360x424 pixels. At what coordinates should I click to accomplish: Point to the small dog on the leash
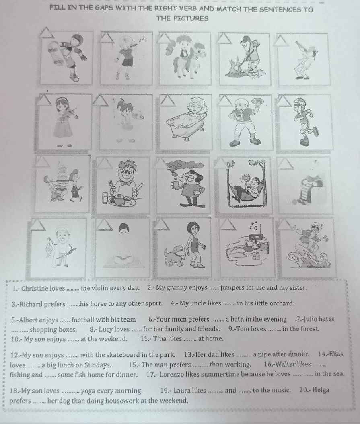pyautogui.click(x=175, y=254)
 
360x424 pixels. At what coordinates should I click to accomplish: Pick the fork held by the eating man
pyautogui.click(x=111, y=186)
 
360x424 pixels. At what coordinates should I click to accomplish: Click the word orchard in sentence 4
pyautogui.click(x=283, y=303)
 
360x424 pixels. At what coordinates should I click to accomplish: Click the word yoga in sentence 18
pyautogui.click(x=87, y=391)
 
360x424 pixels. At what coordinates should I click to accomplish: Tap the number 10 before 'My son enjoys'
pyautogui.click(x=14, y=339)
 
